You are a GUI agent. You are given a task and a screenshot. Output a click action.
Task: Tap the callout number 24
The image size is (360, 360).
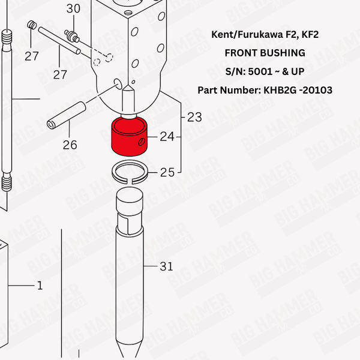[x=167, y=137]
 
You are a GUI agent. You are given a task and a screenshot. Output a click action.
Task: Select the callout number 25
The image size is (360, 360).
[x=167, y=173]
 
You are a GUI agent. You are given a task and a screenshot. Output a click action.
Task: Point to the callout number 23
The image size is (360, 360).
[x=194, y=116]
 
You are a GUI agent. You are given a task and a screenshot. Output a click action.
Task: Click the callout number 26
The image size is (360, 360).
[x=70, y=145]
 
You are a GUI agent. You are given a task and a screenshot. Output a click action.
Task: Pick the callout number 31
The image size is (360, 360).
[x=166, y=266]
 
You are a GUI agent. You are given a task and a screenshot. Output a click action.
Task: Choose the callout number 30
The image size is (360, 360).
[x=73, y=8]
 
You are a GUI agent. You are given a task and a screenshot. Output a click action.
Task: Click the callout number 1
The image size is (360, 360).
[x=40, y=286]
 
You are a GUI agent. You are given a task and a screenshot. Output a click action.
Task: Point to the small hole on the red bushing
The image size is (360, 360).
[x=141, y=143]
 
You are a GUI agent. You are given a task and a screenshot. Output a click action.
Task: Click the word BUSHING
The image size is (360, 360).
[x=283, y=53]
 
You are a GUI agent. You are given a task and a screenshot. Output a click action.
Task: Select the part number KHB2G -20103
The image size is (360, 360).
[x=296, y=90]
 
